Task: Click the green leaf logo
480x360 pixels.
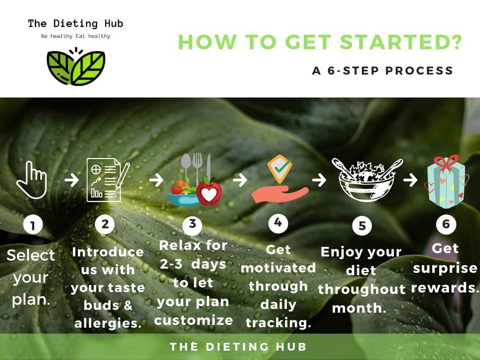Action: pos(76,67)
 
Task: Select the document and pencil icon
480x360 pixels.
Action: pos(108,180)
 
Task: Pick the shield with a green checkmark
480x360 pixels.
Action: pos(279,169)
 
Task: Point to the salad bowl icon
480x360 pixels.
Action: pos(367,180)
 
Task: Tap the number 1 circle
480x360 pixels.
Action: pos(33,225)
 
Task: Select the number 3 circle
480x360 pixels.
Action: pos(192,224)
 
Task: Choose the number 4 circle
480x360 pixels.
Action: pos(278,223)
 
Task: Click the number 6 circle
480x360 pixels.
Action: pos(446,224)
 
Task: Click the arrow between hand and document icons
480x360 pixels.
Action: pos(72,180)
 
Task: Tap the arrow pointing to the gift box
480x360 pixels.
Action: pos(410,180)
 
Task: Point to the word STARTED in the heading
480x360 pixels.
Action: pos(400,42)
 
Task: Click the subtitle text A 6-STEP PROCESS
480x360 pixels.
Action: pos(382,71)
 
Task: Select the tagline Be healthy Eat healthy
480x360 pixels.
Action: pos(75,36)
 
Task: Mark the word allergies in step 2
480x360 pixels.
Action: pos(108,323)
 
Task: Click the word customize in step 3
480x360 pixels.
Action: pos(194,320)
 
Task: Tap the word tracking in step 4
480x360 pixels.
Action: pos(278,322)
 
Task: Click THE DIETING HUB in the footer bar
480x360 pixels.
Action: pos(238,346)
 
